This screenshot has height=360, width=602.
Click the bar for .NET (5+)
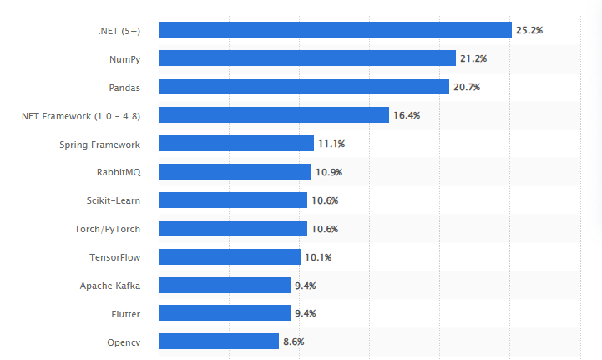pyautogui.click(x=335, y=30)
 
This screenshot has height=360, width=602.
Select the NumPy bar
pyautogui.click(x=307, y=58)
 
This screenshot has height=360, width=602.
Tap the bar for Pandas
pyautogui.click(x=304, y=87)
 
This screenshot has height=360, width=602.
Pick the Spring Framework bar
pyautogui.click(x=236, y=144)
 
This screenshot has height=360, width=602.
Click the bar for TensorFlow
pyautogui.click(x=230, y=256)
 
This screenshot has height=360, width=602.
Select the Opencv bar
pyautogui.click(x=219, y=342)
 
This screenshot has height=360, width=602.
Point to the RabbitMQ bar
pyautogui.click(x=235, y=172)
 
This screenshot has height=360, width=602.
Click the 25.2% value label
pyautogui.click(x=529, y=30)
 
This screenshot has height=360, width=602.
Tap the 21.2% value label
pyautogui.click(x=473, y=58)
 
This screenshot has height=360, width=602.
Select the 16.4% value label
pyautogui.click(x=407, y=115)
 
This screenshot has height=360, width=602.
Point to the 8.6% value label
pyautogui.click(x=295, y=342)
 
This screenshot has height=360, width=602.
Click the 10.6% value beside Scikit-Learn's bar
pyautogui.click(x=325, y=200)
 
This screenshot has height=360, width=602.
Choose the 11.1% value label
pyautogui.click(x=331, y=144)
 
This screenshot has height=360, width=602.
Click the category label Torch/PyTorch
pyautogui.click(x=107, y=229)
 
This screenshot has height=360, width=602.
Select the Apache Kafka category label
pyautogui.click(x=110, y=286)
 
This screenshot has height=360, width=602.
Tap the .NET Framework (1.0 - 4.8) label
pyautogui.click(x=79, y=116)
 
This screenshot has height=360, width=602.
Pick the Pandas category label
pyautogui.click(x=124, y=88)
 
